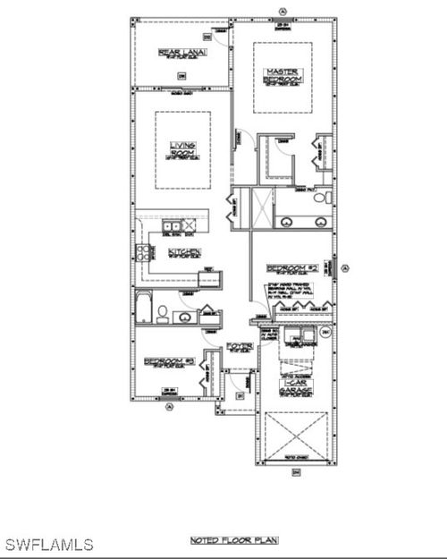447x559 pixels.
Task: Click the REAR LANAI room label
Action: (181, 53)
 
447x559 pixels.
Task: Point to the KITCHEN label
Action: (184, 252)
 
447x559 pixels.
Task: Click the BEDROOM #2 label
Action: (292, 268)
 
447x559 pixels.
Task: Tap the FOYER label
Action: (239, 345)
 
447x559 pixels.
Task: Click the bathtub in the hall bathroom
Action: (144, 306)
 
